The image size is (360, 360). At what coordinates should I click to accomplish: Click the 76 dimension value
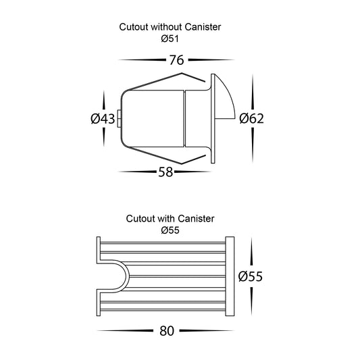click(x=176, y=60)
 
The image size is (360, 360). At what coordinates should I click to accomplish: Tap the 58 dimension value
click(x=165, y=172)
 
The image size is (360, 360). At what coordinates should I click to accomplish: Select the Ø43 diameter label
click(x=103, y=119)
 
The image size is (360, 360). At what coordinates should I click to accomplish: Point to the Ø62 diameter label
click(x=251, y=118)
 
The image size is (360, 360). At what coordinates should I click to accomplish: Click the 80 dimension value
click(x=167, y=331)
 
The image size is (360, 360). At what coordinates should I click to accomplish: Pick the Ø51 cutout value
click(x=170, y=38)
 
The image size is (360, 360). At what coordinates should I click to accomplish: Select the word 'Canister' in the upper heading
click(x=203, y=27)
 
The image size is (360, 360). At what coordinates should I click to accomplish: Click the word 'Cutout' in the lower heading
click(x=140, y=219)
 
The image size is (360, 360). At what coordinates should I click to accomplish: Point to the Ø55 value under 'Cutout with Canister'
click(x=170, y=230)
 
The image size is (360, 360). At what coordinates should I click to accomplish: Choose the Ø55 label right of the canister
click(x=251, y=276)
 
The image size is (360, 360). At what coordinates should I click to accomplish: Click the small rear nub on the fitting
click(x=119, y=118)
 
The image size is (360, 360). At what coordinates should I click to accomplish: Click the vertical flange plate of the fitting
click(x=213, y=118)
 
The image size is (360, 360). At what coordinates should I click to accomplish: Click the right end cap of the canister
click(x=230, y=276)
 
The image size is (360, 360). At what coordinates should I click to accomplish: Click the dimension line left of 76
click(x=143, y=60)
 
